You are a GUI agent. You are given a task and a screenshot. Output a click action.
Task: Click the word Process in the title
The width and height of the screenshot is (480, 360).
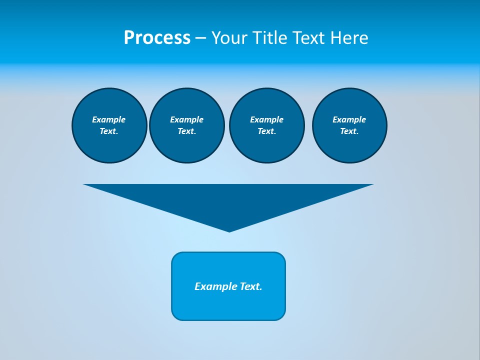click(157, 38)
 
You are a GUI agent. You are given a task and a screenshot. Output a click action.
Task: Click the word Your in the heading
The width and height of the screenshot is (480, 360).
click(229, 38)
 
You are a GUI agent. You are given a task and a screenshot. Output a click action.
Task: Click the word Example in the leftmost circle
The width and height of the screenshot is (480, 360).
click(109, 119)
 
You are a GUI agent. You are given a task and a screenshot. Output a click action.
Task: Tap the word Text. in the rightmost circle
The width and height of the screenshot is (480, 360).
click(349, 131)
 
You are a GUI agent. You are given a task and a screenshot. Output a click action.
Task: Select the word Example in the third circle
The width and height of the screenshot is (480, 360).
click(266, 119)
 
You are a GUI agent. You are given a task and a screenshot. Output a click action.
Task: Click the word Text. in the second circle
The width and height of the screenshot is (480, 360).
click(187, 131)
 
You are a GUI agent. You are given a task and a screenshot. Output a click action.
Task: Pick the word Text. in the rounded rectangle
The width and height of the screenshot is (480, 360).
click(251, 286)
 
